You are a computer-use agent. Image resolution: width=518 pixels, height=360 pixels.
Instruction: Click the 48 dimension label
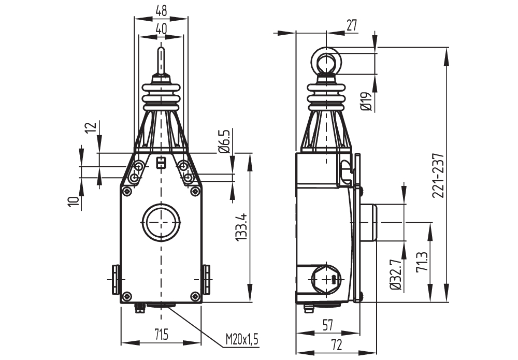click(161, 10)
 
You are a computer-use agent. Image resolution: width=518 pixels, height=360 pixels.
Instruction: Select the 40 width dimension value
click(161, 30)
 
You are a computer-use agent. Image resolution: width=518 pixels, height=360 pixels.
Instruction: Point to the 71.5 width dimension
click(161, 336)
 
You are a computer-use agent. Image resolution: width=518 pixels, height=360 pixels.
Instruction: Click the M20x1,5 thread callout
click(241, 340)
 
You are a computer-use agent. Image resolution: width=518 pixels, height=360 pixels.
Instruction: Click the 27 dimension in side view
click(352, 26)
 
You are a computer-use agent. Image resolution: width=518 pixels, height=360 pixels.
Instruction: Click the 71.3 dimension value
click(422, 262)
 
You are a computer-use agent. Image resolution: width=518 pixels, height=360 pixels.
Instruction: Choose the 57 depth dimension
click(327, 325)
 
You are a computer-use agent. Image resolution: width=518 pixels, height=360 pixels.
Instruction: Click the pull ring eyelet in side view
click(326, 61)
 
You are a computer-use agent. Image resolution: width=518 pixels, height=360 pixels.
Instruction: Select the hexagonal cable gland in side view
click(326, 279)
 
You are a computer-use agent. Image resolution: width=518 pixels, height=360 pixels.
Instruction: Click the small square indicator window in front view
click(161, 163)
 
